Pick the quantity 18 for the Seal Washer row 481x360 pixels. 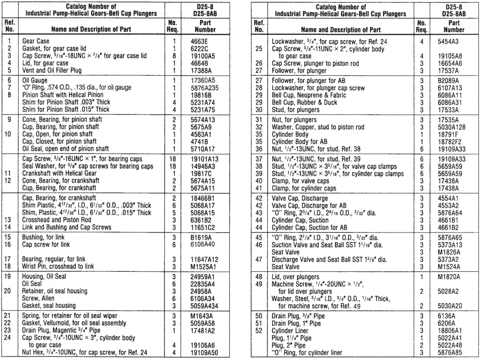(x=172, y=168)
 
